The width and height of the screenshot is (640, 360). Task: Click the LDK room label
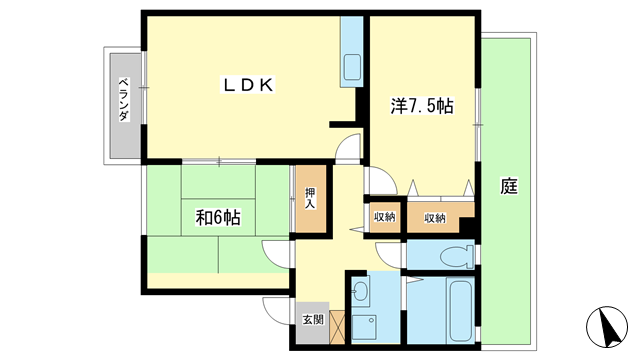tap(247, 85)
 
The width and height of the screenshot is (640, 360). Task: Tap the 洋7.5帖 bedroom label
tap(422, 106)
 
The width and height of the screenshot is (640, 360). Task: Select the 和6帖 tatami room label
tap(218, 218)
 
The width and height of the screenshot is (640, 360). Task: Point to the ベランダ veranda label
tap(124, 99)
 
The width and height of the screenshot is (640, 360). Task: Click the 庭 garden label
tap(509, 186)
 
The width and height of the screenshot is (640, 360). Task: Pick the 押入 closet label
tap(311, 198)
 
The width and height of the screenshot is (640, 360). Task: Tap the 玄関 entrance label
tap(313, 319)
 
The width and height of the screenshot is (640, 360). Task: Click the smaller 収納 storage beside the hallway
tap(384, 218)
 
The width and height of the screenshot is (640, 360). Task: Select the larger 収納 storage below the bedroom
tap(435, 218)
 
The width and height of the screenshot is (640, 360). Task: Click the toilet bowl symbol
tap(456, 256)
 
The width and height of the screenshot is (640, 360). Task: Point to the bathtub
tap(460, 310)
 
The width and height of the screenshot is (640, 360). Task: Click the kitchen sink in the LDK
tap(352, 67)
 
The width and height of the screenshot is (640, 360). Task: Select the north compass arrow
tap(607, 327)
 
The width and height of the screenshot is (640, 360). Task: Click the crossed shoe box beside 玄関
tap(337, 327)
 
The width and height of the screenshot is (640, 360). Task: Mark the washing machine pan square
tap(364, 327)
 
